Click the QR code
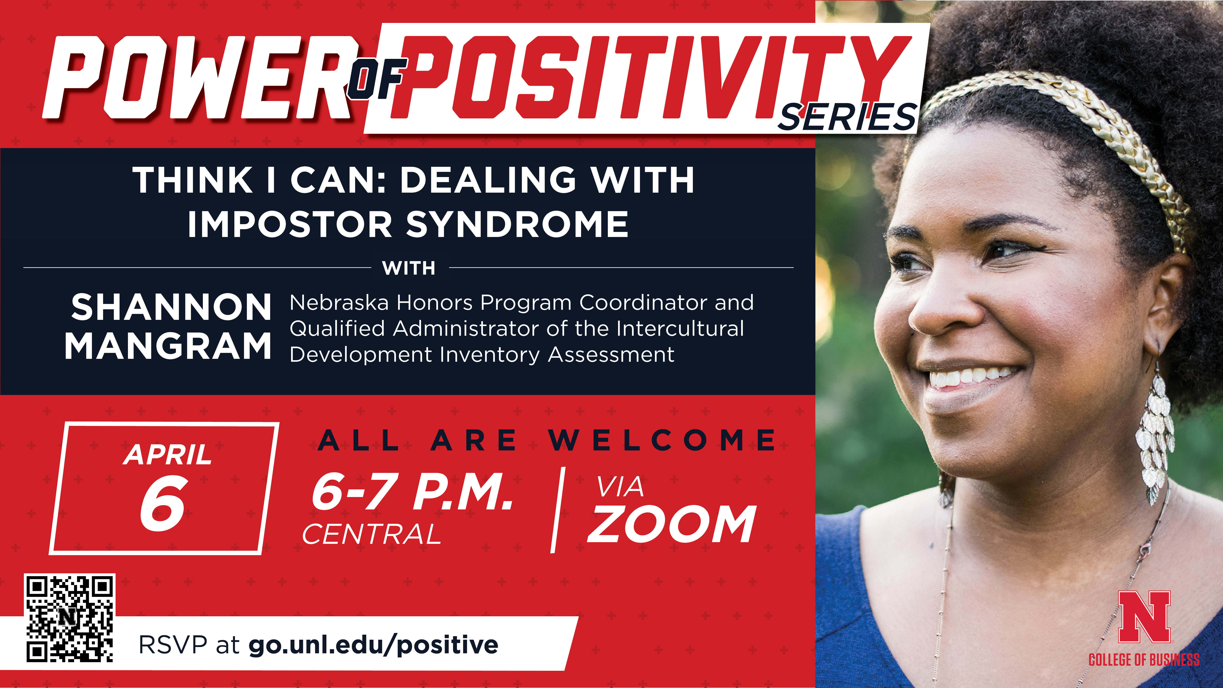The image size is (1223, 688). click(70, 618)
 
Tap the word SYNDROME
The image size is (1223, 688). click(517, 224)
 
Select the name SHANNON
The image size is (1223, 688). click(171, 307)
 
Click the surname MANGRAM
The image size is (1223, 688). click(168, 346)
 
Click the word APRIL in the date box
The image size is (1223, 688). click(168, 455)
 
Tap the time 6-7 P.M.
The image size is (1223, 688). click(412, 492)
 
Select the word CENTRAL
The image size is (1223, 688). click(372, 534)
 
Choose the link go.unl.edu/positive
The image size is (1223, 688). click(373, 645)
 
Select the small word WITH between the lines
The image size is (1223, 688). click(409, 268)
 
